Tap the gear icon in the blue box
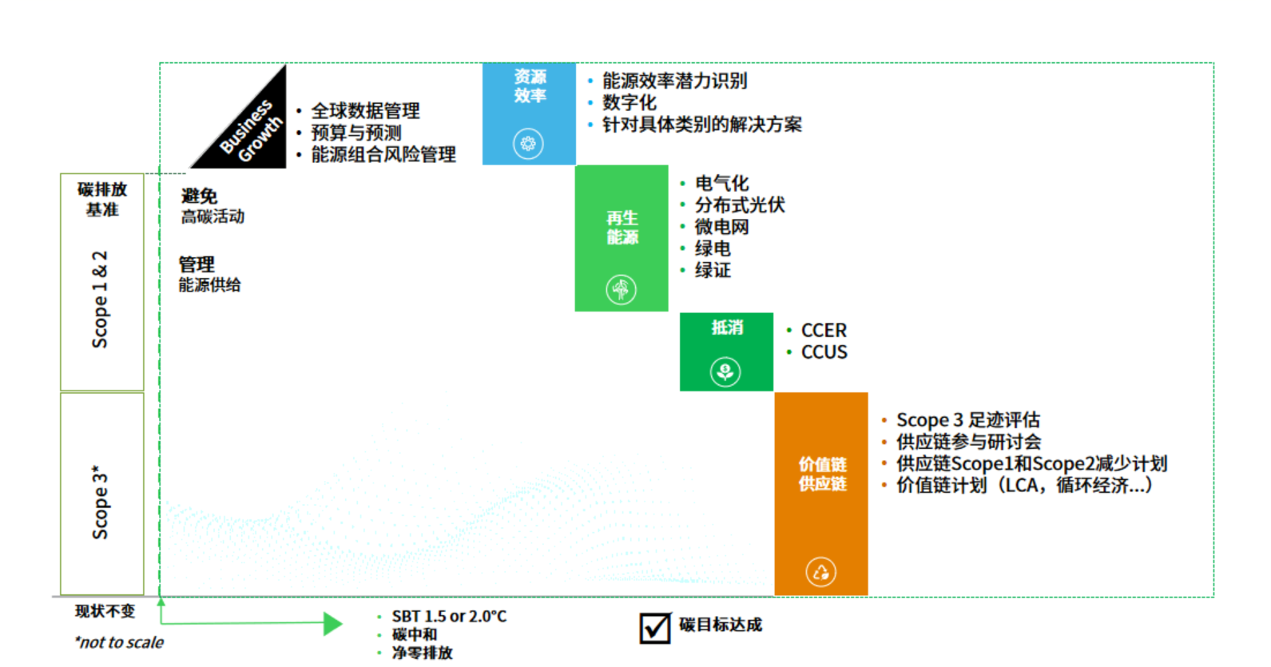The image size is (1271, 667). point(528,144)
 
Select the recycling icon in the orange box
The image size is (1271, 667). point(820,571)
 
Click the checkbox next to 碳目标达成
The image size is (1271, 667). point(655,628)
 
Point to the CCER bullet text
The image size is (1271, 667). point(824,331)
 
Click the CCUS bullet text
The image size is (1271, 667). point(824,352)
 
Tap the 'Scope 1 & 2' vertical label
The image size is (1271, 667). point(101,300)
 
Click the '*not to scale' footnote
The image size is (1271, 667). point(118,642)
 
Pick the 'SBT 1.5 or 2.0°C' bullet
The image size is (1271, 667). point(449,617)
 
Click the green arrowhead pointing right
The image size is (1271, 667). point(332,624)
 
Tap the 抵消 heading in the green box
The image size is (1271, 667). point(727,328)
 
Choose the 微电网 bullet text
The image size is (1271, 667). point(721,227)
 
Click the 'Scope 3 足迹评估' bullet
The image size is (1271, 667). point(967,420)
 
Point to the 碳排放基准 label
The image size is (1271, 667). point(102,199)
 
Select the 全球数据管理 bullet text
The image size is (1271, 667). point(365,111)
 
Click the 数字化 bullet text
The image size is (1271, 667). point(629,102)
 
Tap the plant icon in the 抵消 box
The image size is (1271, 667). point(725,371)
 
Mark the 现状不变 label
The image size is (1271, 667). point(105,612)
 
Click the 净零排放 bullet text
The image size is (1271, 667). point(422,653)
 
